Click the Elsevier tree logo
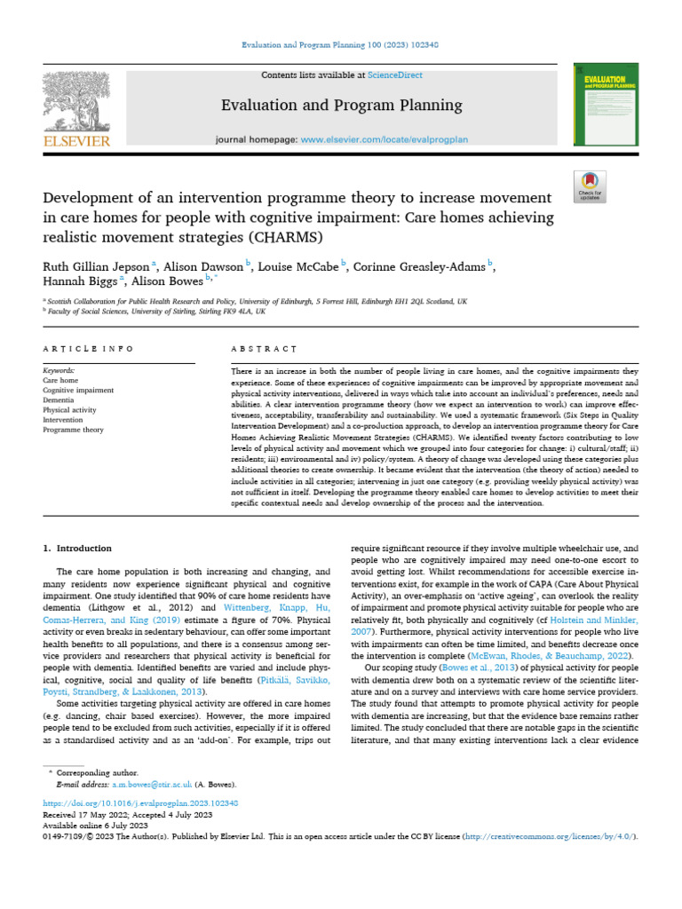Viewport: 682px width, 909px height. click(76, 101)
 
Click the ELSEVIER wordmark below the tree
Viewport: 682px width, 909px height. click(76, 141)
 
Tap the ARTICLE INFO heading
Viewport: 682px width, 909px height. click(89, 349)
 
